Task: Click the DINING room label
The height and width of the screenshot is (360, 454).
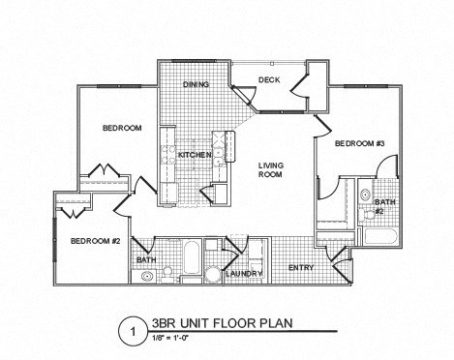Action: click(x=198, y=84)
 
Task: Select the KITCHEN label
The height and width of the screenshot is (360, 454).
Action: click(x=194, y=155)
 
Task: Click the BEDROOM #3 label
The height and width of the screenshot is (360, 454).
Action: click(x=360, y=144)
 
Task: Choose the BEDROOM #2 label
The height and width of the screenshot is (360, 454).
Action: click(x=94, y=241)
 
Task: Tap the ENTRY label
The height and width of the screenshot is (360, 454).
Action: click(x=301, y=267)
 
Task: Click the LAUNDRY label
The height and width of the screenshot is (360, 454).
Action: click(x=244, y=274)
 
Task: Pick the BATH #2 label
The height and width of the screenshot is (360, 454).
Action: click(x=379, y=206)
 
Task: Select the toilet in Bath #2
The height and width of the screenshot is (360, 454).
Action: click(x=365, y=195)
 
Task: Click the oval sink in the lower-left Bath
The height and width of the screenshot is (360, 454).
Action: click(x=147, y=276)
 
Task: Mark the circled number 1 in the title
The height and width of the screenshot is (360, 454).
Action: click(x=126, y=331)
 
